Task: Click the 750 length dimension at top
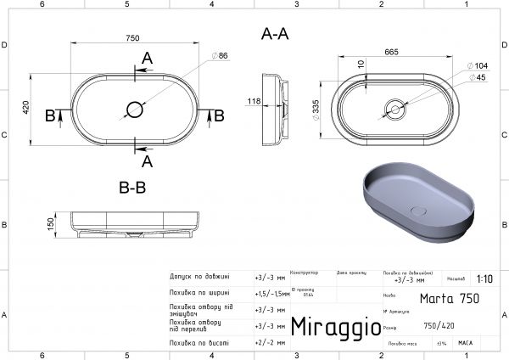click(132, 38)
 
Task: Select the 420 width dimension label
click(26, 108)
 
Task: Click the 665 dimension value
click(392, 53)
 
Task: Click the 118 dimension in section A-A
click(254, 101)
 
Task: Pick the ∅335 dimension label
click(315, 109)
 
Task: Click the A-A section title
click(275, 35)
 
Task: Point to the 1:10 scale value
click(484, 278)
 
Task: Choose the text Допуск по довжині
click(199, 277)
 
